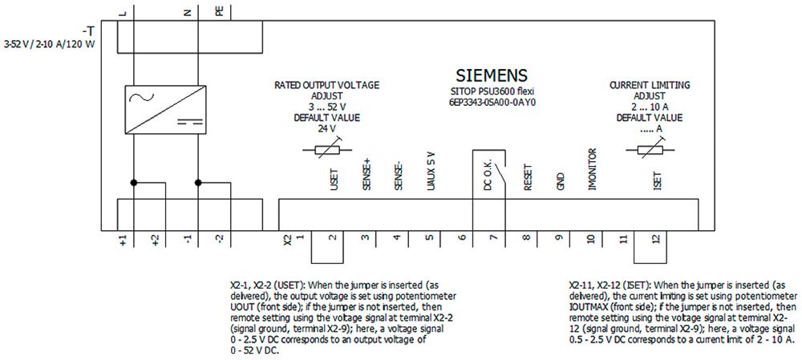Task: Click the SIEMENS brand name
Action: [491, 75]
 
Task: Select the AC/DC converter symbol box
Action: [166, 110]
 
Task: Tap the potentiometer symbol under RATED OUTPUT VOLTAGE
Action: [327, 149]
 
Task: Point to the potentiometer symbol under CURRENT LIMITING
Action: [650, 149]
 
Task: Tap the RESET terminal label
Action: [529, 178]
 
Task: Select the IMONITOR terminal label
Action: [593, 170]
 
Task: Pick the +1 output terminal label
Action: [124, 239]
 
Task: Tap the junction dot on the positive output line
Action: [133, 183]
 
